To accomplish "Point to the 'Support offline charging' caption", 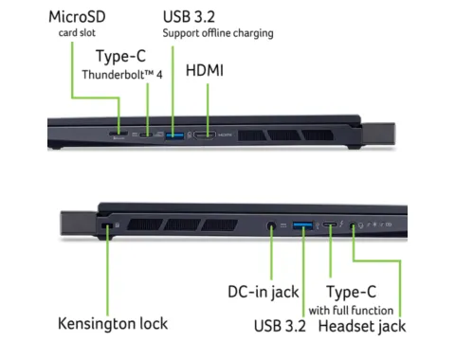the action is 217,33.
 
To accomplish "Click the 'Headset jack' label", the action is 361,326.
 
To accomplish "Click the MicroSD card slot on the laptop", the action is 119,136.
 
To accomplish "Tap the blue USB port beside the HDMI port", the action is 175,135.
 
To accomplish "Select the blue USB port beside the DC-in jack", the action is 302,225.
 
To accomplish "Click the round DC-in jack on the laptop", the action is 273,225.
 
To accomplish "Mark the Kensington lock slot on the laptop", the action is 106,225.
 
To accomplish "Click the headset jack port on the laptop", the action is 355,225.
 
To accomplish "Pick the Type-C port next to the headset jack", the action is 329,225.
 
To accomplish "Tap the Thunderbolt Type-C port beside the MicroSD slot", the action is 153,135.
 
